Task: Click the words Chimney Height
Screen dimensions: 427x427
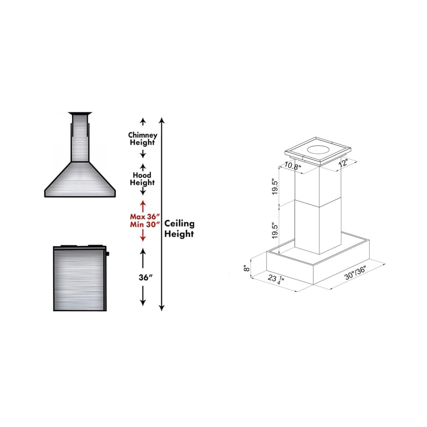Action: [x=143, y=139]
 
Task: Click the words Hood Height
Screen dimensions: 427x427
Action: [x=142, y=179]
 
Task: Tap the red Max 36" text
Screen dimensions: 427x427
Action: [x=145, y=216]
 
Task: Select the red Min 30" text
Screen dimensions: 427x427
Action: [x=145, y=224]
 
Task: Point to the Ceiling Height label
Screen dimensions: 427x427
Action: [x=179, y=229]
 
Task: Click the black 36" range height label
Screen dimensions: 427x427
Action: [x=146, y=277]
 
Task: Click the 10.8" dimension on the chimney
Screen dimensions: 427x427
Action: [x=293, y=166]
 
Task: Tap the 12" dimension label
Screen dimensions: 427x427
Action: [x=343, y=163]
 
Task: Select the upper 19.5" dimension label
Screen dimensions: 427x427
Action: [x=275, y=187]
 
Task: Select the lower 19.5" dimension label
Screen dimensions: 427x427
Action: [x=275, y=231]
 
